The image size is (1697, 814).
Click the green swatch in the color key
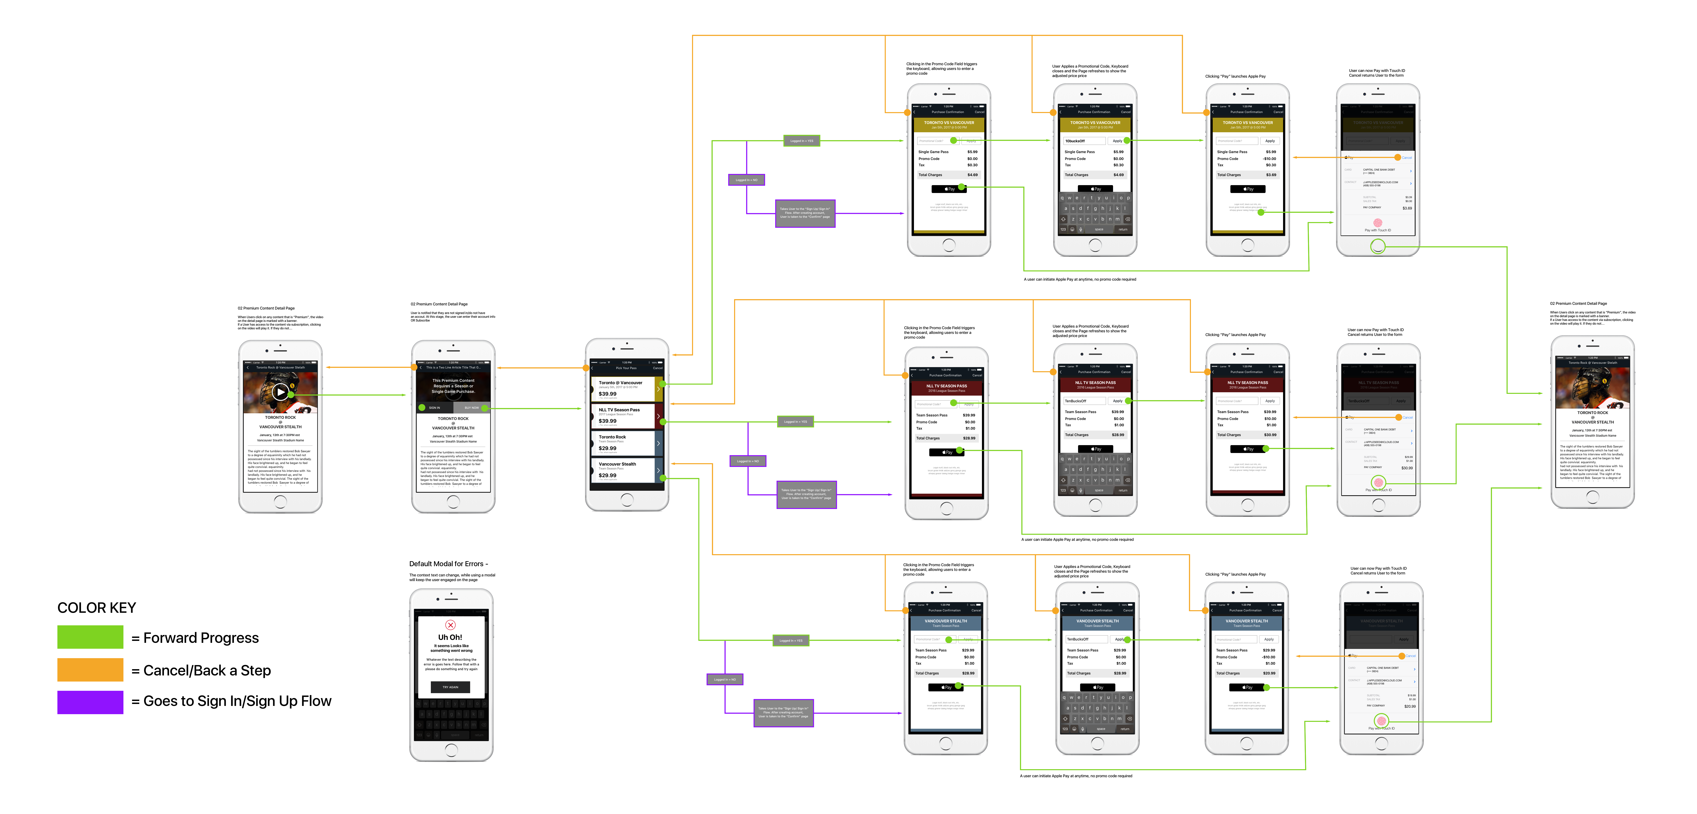(x=90, y=637)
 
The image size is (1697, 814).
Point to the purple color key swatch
(x=90, y=702)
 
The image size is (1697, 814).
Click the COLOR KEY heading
(x=97, y=608)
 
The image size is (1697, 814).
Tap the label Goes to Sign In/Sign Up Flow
(x=237, y=701)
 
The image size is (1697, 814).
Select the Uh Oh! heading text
(x=451, y=638)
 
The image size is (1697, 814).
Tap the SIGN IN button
(x=434, y=408)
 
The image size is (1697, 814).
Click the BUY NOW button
(x=472, y=408)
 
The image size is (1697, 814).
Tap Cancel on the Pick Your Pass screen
(x=657, y=368)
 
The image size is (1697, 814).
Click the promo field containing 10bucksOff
(x=1084, y=141)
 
